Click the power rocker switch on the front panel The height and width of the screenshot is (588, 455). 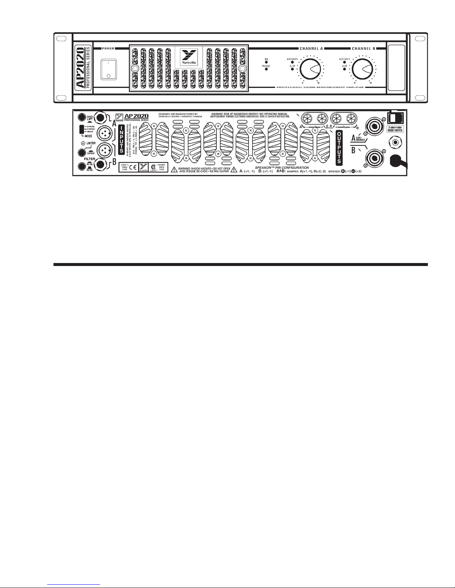click(x=108, y=69)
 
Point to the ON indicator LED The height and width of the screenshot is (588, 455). click(x=266, y=62)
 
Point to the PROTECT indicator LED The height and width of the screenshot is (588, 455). click(x=266, y=69)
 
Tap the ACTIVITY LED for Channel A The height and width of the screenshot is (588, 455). click(x=293, y=62)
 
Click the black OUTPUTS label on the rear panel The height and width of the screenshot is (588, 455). click(x=339, y=147)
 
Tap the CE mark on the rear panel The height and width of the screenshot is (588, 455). click(x=132, y=167)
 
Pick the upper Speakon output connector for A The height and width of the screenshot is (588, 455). click(x=373, y=124)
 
